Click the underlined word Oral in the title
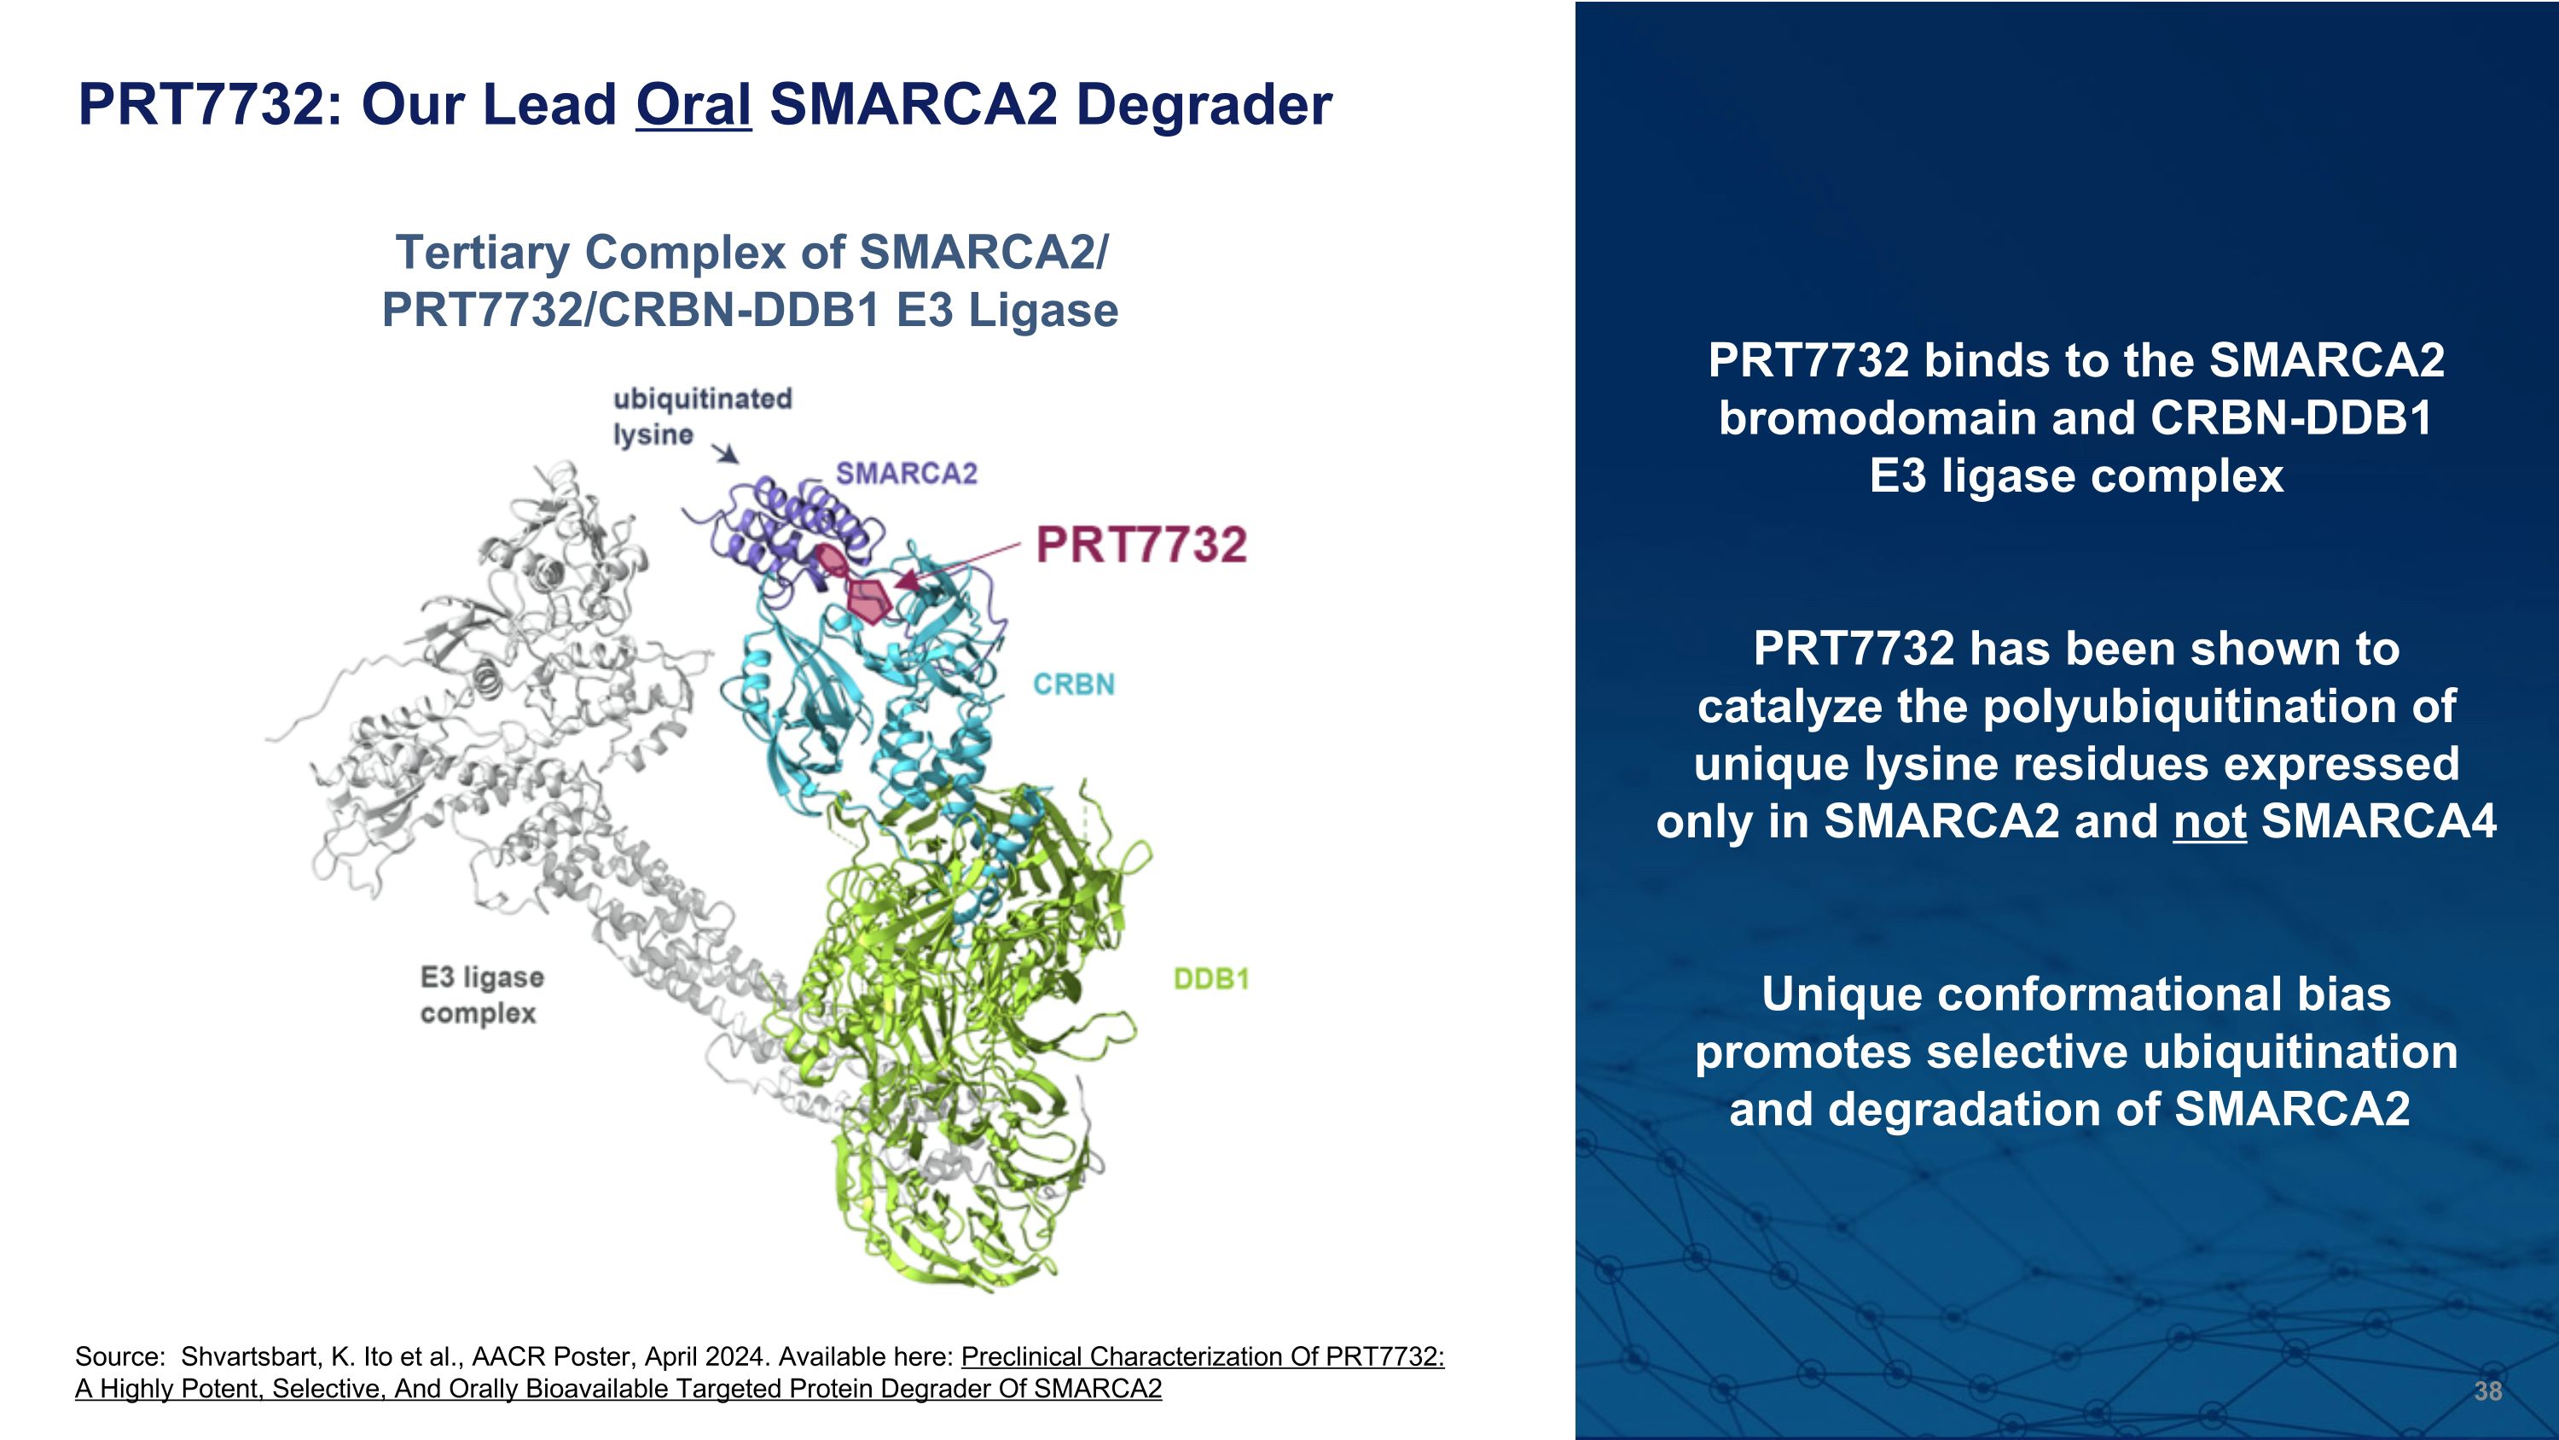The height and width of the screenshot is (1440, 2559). click(x=693, y=104)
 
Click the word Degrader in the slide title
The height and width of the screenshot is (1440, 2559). click(x=1203, y=104)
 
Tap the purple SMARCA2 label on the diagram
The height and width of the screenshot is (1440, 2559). click(x=906, y=473)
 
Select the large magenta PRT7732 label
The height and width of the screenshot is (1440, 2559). click(x=1140, y=545)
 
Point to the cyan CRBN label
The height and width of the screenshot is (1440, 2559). click(x=1074, y=684)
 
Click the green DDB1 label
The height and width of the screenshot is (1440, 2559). click(x=1211, y=979)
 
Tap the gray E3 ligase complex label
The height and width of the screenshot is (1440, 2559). click(x=482, y=994)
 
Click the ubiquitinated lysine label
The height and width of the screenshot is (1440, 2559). click(x=701, y=416)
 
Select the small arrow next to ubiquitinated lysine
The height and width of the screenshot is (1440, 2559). click(x=727, y=453)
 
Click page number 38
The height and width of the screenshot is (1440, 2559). click(x=2486, y=1390)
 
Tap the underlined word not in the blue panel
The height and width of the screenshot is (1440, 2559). click(x=2209, y=821)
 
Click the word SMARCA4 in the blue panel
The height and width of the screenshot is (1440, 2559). click(x=2378, y=821)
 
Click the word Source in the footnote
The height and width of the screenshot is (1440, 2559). click(x=119, y=1356)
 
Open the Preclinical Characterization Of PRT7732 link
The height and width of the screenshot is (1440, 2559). click(x=1202, y=1356)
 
